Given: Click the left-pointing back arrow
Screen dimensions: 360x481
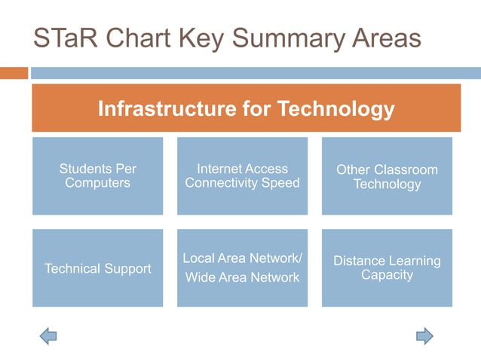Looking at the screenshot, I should (x=48, y=335).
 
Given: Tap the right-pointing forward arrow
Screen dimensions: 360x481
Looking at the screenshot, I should (x=424, y=335).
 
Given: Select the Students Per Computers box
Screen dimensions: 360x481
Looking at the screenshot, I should (x=97, y=176).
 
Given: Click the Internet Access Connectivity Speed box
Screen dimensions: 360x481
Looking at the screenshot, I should (x=242, y=176).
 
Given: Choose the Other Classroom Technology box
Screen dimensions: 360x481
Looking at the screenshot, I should (x=387, y=176).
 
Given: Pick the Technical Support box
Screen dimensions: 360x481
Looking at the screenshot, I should (x=97, y=268).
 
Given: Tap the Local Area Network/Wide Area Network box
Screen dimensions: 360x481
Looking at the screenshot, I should (x=242, y=268).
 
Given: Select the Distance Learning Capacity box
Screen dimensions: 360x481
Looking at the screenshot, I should (x=387, y=268).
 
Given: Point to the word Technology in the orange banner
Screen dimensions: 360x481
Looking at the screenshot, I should (x=336, y=109).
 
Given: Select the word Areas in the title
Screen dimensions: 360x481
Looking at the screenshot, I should (x=384, y=39).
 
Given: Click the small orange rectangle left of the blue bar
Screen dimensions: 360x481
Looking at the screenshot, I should (x=14, y=73).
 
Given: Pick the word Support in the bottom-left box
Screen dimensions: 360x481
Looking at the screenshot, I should (x=126, y=268).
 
